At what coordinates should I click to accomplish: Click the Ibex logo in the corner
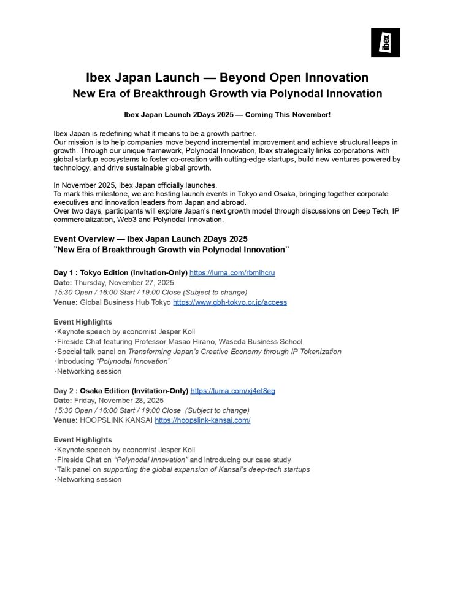coord(385,42)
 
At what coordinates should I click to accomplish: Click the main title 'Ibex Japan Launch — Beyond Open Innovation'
coord(227,78)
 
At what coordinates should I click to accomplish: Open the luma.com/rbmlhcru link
coord(232,272)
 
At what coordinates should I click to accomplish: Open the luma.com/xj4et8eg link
coord(232,390)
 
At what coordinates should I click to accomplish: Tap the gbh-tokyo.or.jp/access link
coord(229,302)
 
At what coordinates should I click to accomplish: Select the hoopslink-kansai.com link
coord(202,420)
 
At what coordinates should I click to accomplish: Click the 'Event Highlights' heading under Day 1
coord(83,321)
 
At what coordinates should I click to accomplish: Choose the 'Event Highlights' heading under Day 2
coord(83,439)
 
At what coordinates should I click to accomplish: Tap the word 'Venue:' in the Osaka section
coord(66,420)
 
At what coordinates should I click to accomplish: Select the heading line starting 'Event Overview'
coord(150,238)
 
